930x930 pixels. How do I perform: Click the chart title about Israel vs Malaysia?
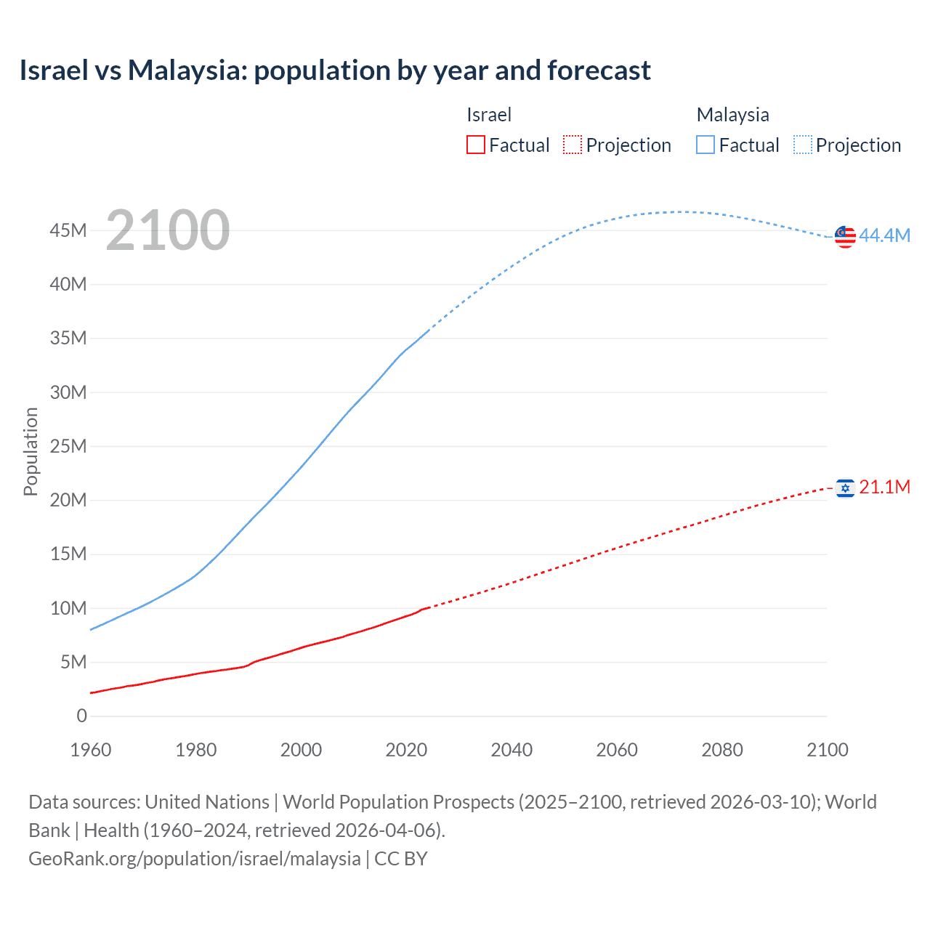click(x=335, y=70)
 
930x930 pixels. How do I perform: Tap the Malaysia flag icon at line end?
click(x=845, y=237)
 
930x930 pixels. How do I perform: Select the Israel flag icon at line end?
click(x=845, y=488)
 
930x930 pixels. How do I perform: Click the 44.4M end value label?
click(x=884, y=235)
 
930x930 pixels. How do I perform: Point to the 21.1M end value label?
click(x=884, y=487)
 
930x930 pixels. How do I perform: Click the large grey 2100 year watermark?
click(x=168, y=230)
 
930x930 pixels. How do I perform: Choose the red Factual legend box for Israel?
click(x=475, y=145)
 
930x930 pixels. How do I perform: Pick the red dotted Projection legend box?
click(x=573, y=145)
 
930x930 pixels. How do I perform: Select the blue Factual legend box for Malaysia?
click(x=705, y=145)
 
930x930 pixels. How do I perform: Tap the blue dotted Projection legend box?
click(x=803, y=145)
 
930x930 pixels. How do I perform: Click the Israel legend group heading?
click(x=489, y=115)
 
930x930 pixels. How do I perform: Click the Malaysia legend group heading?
click(x=732, y=115)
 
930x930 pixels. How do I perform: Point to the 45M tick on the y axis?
click(x=68, y=230)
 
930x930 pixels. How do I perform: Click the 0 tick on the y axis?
click(x=81, y=716)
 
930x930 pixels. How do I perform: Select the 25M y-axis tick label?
click(x=68, y=446)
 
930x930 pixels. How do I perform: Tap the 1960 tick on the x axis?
click(x=91, y=750)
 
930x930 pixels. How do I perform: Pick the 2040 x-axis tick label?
click(x=511, y=750)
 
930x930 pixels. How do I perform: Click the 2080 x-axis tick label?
click(x=722, y=750)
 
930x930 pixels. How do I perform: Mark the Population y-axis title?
click(x=31, y=451)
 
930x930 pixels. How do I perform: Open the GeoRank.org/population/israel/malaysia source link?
click(x=195, y=859)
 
